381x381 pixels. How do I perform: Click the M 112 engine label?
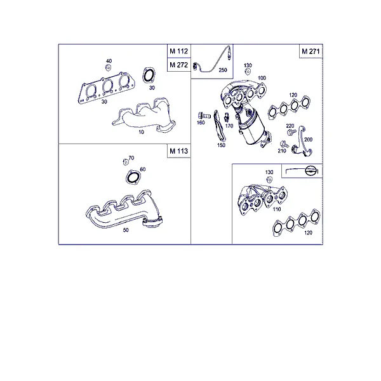(x=179, y=51)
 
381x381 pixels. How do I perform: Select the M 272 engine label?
(x=179, y=65)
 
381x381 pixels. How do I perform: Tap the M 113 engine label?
(x=179, y=151)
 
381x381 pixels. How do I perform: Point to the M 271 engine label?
(x=311, y=51)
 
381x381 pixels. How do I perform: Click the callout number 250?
(x=223, y=70)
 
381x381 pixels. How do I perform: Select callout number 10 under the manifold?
(x=141, y=132)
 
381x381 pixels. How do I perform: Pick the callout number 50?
(x=126, y=230)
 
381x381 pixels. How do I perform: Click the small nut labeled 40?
(x=109, y=67)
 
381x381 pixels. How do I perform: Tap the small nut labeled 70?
(x=126, y=162)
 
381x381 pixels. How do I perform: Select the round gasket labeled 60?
(x=133, y=177)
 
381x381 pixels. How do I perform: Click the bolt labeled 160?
(x=204, y=115)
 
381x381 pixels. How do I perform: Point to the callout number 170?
(x=229, y=126)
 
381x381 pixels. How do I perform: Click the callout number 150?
(x=221, y=145)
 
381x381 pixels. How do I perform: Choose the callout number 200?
(x=308, y=140)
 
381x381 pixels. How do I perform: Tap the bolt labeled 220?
(x=291, y=132)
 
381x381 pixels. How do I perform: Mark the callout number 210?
(x=282, y=151)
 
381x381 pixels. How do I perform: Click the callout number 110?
(x=277, y=209)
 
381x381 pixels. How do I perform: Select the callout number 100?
(x=262, y=78)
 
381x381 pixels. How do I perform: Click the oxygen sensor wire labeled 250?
(x=213, y=65)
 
